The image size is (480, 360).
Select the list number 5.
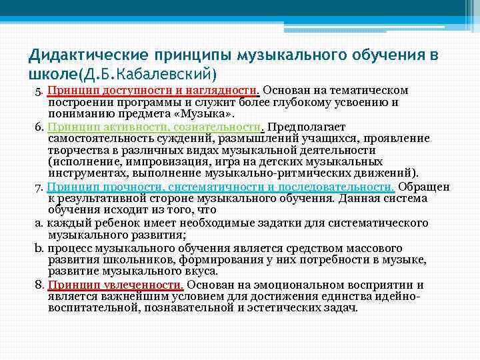(x=38, y=91)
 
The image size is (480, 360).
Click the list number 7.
(x=38, y=188)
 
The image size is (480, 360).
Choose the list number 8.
(x=38, y=285)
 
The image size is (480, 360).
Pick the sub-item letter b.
(x=38, y=249)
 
